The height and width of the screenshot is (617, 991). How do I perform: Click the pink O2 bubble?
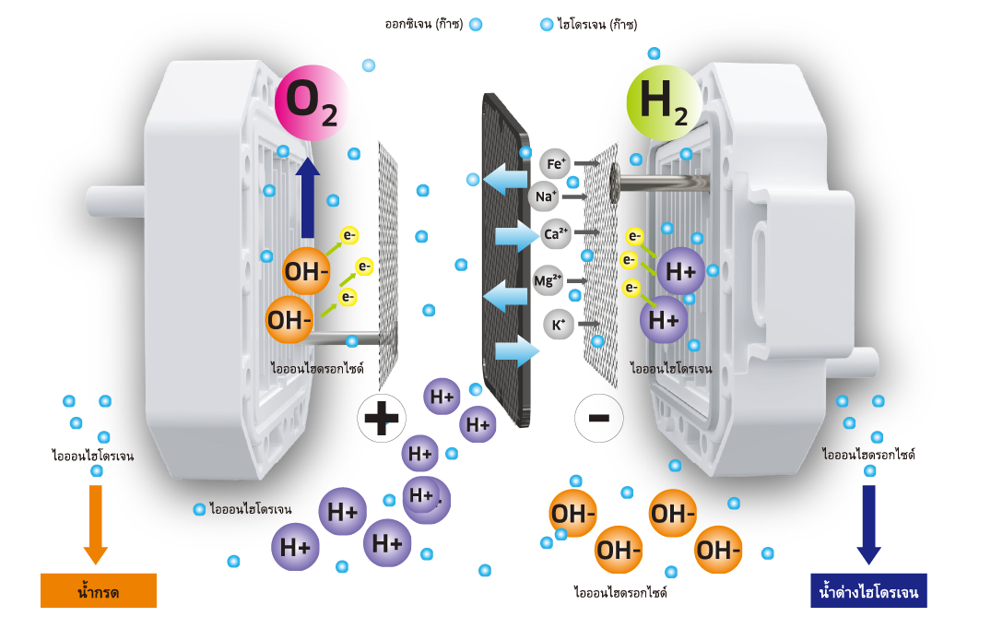pyautogui.click(x=313, y=102)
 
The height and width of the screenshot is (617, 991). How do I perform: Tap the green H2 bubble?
pyautogui.click(x=664, y=102)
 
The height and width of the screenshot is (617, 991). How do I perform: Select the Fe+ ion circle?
pyautogui.click(x=556, y=164)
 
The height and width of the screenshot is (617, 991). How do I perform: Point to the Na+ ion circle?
pyautogui.click(x=545, y=196)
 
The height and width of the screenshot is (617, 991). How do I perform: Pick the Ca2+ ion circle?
pyautogui.click(x=556, y=234)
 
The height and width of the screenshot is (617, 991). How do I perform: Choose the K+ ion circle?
pyautogui.click(x=559, y=325)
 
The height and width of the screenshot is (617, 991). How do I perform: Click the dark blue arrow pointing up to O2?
pyautogui.click(x=308, y=198)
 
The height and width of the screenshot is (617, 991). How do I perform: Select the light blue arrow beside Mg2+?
pyautogui.click(x=506, y=296)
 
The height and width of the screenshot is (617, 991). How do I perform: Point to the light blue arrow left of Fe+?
pyautogui.click(x=506, y=178)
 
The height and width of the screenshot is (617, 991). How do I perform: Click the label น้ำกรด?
pyautogui.click(x=98, y=592)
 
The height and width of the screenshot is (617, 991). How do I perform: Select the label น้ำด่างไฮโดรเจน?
pyautogui.click(x=868, y=592)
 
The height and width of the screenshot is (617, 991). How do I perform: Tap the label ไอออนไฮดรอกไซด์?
pyautogui.click(x=317, y=368)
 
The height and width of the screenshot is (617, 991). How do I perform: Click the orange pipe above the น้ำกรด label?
pyautogui.click(x=97, y=516)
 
